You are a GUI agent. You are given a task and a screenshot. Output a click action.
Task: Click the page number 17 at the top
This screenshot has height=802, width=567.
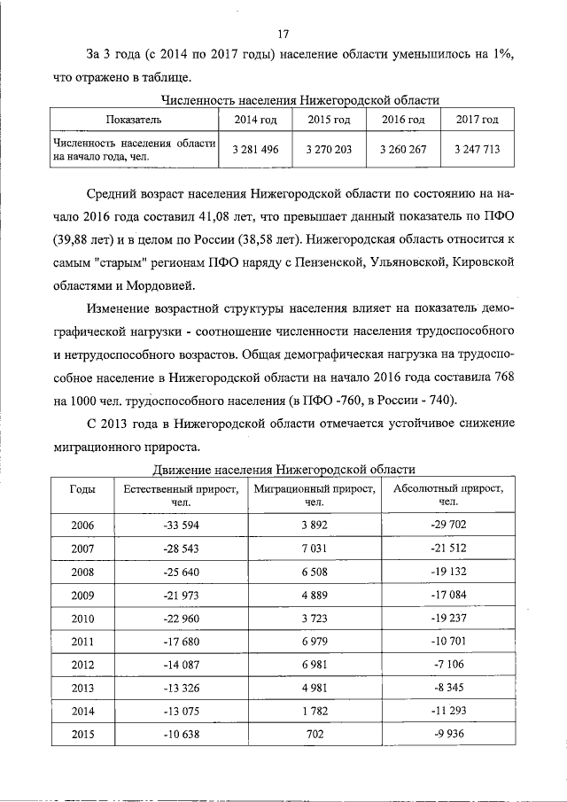pyautogui.click(x=283, y=35)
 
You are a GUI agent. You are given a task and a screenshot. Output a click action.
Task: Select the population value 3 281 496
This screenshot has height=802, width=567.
pyautogui.click(x=255, y=150)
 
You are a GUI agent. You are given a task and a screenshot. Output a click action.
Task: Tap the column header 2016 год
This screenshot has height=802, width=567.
pyautogui.click(x=403, y=120)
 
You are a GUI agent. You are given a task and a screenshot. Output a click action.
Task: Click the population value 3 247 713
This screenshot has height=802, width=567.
pyautogui.click(x=477, y=150)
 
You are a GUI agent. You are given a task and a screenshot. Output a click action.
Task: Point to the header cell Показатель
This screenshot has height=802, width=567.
pyautogui.click(x=133, y=120)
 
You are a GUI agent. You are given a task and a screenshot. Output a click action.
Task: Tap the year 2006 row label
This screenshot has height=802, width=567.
pyautogui.click(x=82, y=525)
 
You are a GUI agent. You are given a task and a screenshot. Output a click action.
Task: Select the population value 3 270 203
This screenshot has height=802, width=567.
pyautogui.click(x=329, y=150)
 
